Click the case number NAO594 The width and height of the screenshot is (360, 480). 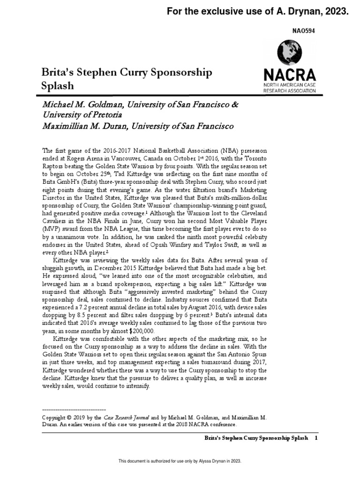(304, 30)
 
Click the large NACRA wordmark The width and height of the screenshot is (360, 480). (289, 75)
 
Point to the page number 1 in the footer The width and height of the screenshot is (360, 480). (316, 438)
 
